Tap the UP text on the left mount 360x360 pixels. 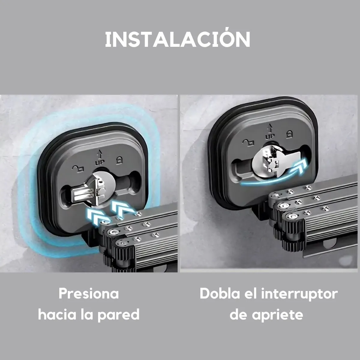coord(100,163)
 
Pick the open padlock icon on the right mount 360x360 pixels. coord(247,143)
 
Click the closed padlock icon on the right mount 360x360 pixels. coord(289,134)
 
